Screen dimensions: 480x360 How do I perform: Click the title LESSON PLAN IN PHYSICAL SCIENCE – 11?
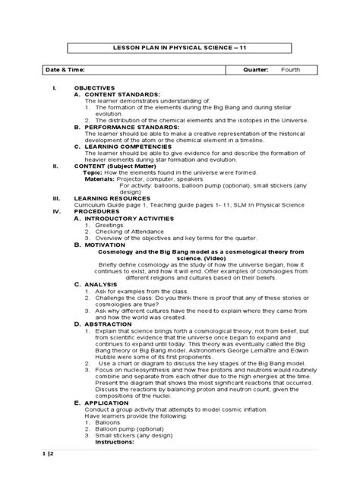click(x=179, y=48)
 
